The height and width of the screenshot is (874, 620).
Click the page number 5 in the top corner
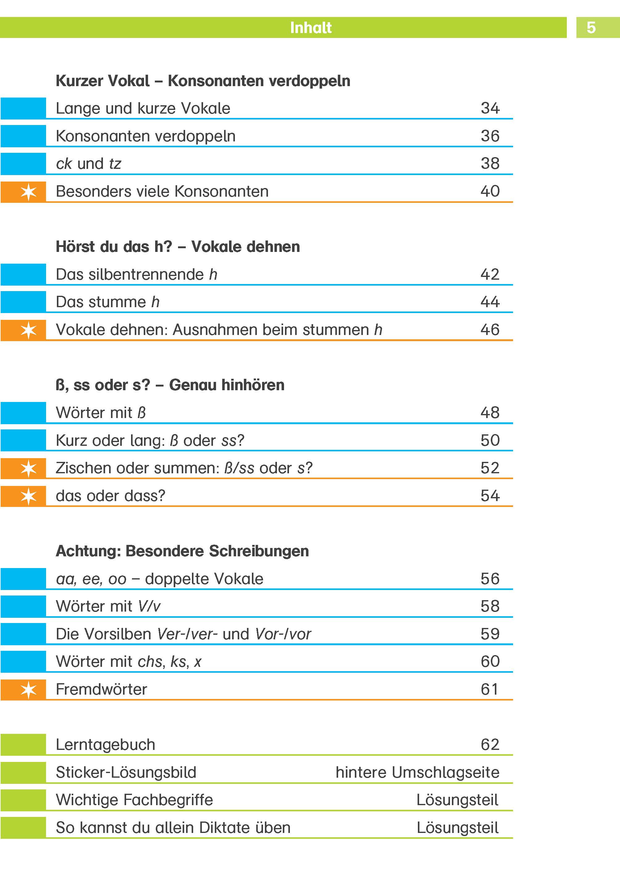point(591,27)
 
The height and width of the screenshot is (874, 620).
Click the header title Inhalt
point(310,27)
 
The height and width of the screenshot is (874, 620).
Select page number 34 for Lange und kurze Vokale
point(490,108)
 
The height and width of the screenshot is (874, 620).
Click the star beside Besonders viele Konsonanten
point(29,191)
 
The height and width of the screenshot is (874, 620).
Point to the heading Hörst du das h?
point(114,247)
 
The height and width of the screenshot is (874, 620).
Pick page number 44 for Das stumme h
point(490,302)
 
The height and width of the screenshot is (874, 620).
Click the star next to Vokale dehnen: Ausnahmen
point(29,330)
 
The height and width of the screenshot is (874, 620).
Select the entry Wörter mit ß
point(101,412)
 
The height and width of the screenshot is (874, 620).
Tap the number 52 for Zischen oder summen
point(490,468)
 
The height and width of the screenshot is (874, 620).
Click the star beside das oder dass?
point(29,496)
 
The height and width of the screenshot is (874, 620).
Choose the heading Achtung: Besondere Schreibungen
point(182,551)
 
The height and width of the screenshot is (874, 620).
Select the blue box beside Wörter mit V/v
point(23,606)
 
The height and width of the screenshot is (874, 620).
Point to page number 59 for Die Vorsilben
point(490,634)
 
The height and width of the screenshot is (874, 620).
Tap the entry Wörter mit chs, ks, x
point(128,662)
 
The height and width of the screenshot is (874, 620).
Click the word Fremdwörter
point(101,689)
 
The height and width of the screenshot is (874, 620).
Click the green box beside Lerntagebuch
point(23,744)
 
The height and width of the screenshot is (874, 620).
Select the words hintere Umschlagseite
point(417,772)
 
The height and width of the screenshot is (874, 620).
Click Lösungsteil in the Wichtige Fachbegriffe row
point(457,800)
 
